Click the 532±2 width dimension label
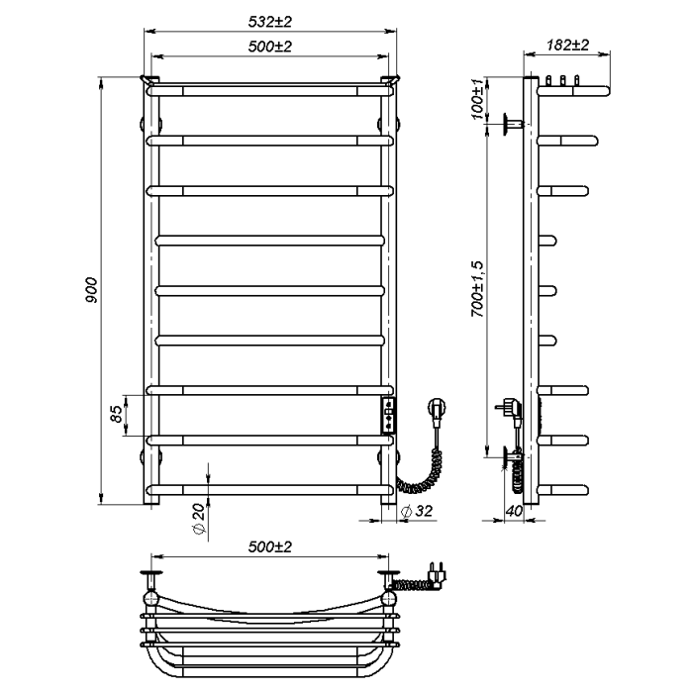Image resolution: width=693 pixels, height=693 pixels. point(269,22)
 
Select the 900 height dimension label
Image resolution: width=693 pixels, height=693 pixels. point(91,290)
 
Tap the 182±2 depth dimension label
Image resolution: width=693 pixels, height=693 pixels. point(567,45)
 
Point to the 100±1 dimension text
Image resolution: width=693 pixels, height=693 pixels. point(478,99)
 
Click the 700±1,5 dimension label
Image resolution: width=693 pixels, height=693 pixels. point(478,289)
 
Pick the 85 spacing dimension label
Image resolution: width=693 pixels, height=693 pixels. point(116,414)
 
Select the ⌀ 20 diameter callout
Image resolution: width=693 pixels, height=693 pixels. point(199,519)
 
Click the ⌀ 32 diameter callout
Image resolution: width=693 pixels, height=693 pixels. point(417,511)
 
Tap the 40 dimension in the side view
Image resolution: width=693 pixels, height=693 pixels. point(514,511)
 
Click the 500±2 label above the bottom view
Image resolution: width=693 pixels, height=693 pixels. point(269,547)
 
